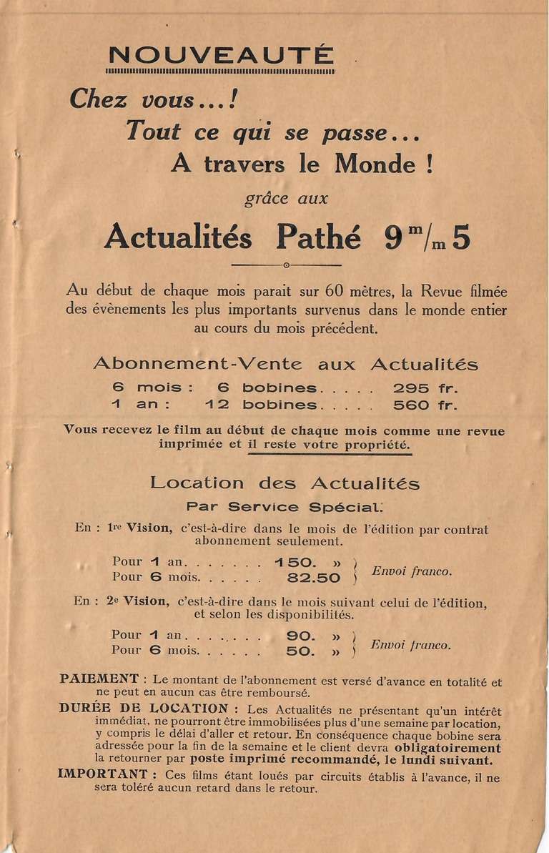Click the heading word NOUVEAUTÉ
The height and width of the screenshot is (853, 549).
220,55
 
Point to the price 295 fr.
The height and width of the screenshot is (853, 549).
425,388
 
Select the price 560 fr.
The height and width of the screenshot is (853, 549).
425,405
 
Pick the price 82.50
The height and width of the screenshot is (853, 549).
314,578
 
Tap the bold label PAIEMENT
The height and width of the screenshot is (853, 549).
99,679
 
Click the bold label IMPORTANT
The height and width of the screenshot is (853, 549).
103,774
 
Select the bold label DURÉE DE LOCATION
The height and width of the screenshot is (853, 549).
144,709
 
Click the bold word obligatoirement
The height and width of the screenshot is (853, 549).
447,748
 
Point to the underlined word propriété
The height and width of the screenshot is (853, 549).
376,444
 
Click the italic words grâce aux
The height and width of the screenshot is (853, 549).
286,199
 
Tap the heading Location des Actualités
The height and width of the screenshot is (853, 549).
285,483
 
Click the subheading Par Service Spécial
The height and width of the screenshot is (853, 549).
285,507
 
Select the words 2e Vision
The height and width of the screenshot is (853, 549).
139,601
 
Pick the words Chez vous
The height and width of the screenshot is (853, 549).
132,99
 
